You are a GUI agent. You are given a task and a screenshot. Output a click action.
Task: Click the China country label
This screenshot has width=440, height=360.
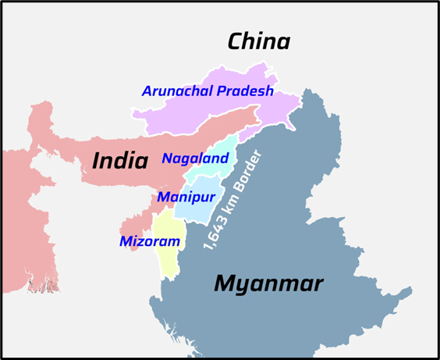(258, 41)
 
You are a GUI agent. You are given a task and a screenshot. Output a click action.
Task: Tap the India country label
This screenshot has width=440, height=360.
(120, 161)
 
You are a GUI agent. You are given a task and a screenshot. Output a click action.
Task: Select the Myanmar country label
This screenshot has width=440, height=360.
(268, 283)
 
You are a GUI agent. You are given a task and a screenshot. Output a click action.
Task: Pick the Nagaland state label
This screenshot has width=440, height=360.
(195, 159)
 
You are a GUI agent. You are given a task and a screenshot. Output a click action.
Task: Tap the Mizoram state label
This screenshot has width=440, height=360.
(150, 241)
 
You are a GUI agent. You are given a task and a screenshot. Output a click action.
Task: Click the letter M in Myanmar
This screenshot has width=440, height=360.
(225, 283)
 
